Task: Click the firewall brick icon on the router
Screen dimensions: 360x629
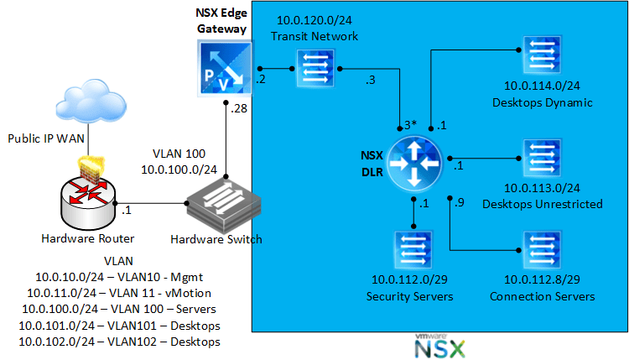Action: tap(88, 168)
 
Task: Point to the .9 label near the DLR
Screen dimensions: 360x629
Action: tap(458, 203)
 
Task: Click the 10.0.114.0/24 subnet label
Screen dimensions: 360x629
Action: tap(543, 86)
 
